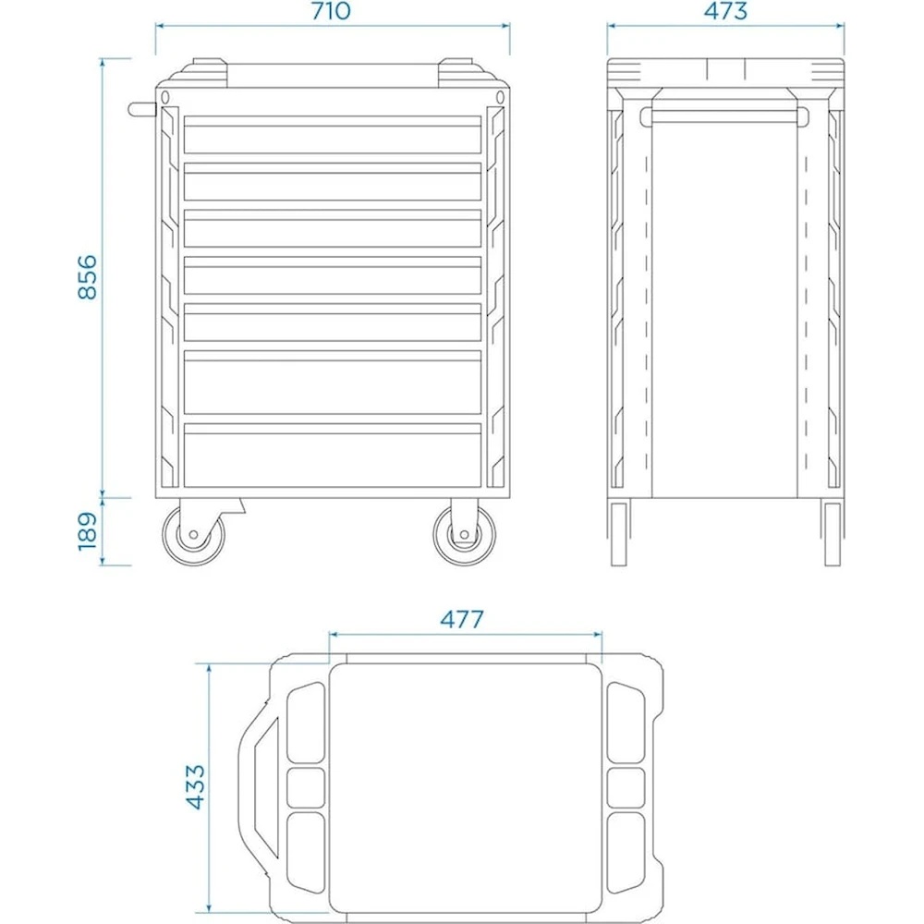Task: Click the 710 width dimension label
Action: click(x=331, y=10)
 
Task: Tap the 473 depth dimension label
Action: click(x=725, y=10)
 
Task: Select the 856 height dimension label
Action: click(x=87, y=277)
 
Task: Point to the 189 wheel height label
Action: click(x=87, y=531)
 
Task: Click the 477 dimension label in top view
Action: click(x=462, y=619)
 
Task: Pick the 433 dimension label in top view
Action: click(x=195, y=786)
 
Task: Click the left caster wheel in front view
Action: click(x=193, y=535)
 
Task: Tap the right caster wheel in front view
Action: click(x=465, y=535)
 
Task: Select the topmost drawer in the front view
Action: click(x=333, y=135)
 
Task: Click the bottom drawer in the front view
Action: click(x=333, y=456)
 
